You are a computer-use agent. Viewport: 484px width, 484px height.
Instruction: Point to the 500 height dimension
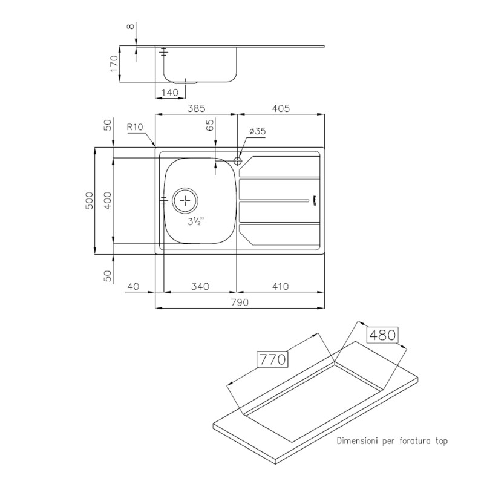(x=88, y=201)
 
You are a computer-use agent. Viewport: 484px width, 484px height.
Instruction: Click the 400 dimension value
(x=107, y=201)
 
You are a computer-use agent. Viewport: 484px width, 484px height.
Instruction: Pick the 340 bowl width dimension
(x=200, y=286)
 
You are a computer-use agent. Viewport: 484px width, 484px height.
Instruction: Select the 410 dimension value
(x=280, y=286)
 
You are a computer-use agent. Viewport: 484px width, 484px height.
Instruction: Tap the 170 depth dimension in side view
(x=113, y=63)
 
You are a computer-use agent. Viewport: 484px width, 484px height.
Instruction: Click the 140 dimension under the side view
(x=170, y=93)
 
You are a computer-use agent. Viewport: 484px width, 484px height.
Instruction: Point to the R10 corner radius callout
(x=134, y=128)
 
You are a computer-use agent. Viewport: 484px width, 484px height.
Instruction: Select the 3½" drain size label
(x=195, y=222)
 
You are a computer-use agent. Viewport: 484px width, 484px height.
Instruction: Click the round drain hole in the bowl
(x=185, y=200)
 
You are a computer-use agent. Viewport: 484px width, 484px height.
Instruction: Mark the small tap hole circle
(x=237, y=161)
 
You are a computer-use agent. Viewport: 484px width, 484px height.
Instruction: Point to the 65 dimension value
(x=210, y=126)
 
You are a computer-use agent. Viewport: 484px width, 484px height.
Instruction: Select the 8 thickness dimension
(x=129, y=27)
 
